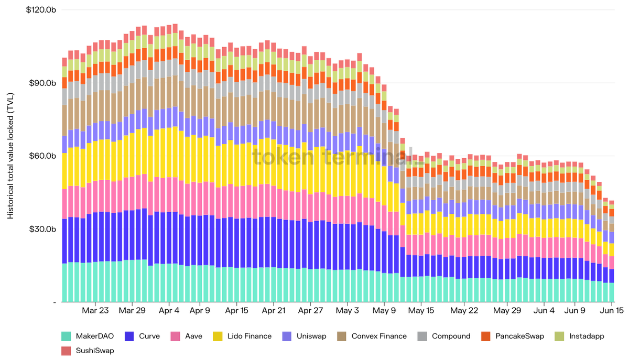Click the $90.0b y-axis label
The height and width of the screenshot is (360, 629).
pos(42,83)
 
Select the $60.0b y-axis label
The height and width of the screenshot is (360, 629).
pos(42,156)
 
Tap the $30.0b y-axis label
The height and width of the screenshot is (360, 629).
pos(42,229)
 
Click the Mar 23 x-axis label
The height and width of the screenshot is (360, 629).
pos(95,310)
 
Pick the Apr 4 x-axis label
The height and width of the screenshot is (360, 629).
pos(169,310)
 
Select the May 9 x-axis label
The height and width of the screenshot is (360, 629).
pos(384,310)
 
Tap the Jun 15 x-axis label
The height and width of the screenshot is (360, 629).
pos(612,310)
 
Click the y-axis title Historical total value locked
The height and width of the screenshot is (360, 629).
pos(10,156)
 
